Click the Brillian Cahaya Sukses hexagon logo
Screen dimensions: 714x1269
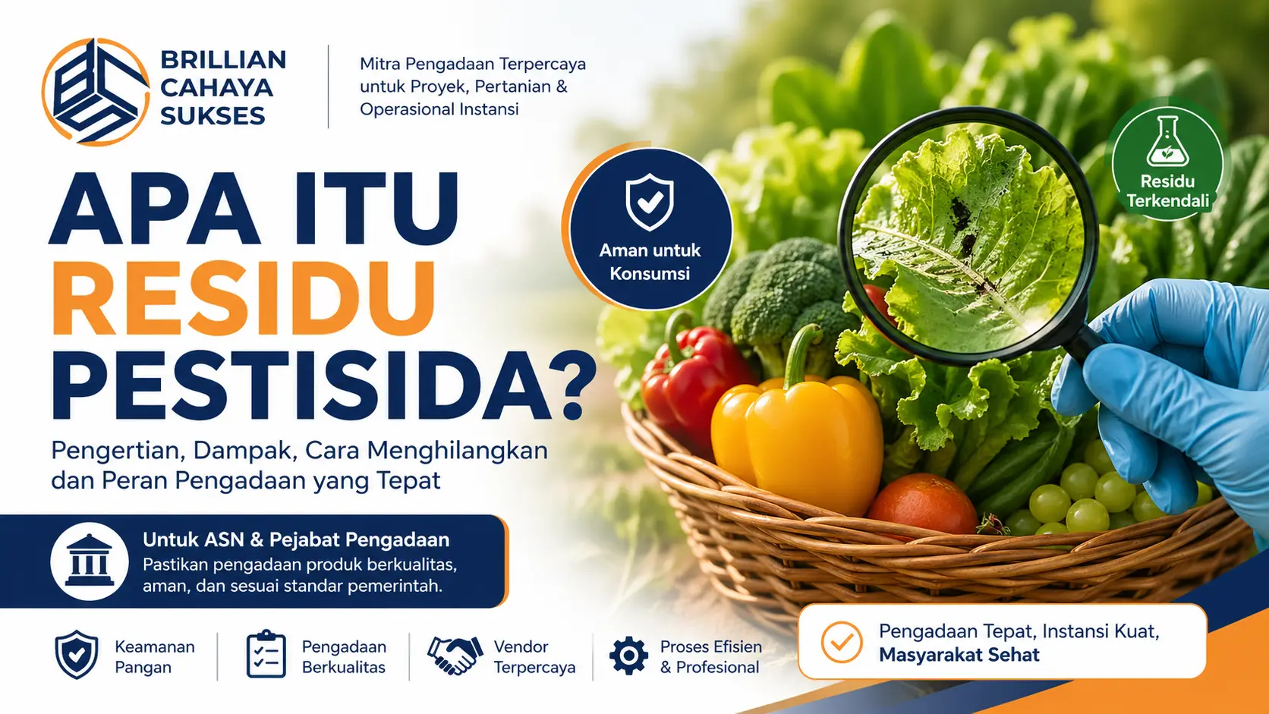[95, 91]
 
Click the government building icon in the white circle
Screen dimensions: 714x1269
[90, 562]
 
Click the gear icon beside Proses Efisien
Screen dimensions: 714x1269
[629, 656]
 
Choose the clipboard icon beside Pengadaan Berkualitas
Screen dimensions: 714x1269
[266, 655]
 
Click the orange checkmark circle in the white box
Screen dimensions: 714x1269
[842, 642]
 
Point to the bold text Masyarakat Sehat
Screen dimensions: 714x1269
[959, 655]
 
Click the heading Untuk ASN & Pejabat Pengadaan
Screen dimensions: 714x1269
[296, 539]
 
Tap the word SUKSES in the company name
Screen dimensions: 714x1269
[213, 116]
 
